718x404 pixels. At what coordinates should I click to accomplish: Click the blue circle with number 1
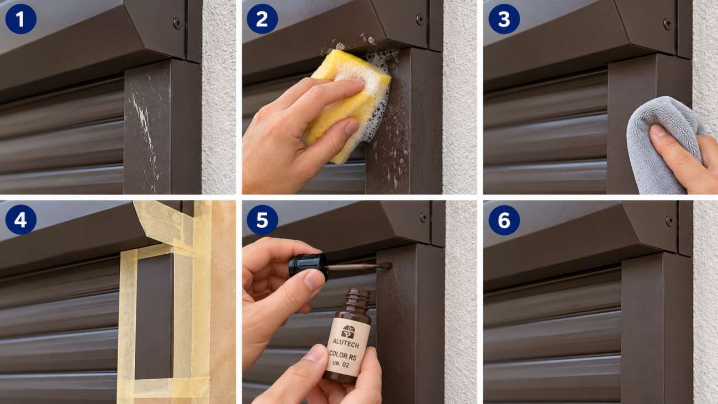pos(21,19)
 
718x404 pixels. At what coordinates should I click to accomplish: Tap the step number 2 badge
pos(262,19)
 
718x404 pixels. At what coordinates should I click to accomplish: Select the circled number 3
pos(504,19)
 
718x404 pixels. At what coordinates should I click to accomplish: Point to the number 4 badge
pos(21,219)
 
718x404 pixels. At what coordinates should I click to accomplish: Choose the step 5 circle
pos(262,219)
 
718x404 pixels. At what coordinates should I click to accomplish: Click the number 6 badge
pos(504,220)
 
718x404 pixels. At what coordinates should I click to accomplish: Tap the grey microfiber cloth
pos(663,144)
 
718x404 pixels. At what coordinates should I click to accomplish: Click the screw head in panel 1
pos(177,23)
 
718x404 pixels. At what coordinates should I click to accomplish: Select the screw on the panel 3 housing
pos(668,24)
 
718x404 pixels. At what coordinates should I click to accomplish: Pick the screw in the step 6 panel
pos(669,221)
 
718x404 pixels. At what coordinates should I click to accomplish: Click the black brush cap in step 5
pos(309,266)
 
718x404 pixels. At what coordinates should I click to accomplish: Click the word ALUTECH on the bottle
pos(346,343)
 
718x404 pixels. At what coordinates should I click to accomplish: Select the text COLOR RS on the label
pos(342,355)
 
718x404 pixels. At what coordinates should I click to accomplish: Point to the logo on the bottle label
pos(348,332)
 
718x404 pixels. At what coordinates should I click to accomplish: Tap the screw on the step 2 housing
pos(420,20)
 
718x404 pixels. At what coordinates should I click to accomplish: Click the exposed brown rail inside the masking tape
pos(154,316)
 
